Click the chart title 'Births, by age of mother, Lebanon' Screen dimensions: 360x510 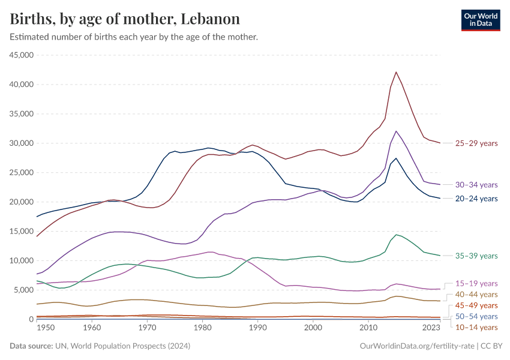tap(125, 19)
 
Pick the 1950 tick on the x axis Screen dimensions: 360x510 tap(45, 328)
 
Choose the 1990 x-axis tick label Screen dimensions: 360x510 tap(257, 328)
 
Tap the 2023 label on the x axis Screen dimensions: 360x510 tap(431, 328)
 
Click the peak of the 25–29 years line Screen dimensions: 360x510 tap(396, 72)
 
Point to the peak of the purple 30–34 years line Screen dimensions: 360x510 tap(396, 131)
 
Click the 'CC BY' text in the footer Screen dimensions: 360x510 tap(492, 346)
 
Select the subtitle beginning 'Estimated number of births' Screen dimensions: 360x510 tap(134, 37)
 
